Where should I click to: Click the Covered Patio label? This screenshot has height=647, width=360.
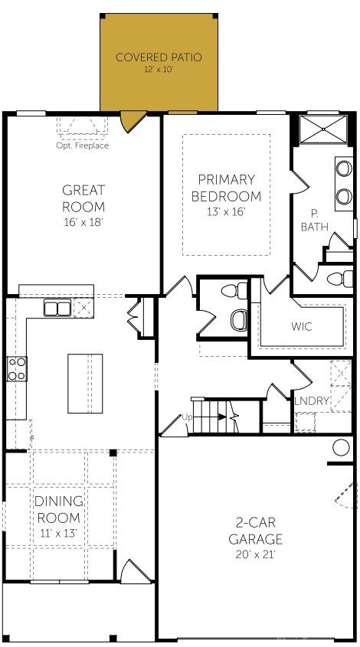coord(159,57)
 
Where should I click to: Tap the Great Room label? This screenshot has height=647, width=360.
coord(83,198)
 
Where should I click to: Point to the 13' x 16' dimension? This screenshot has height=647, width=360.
coord(226,212)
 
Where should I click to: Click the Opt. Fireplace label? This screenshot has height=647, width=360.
coord(83,145)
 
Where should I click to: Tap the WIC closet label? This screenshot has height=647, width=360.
coord(302,326)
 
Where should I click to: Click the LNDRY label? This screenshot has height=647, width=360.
coord(312,400)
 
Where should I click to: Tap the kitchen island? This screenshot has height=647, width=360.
coord(85,383)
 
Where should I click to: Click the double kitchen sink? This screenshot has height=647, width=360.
coord(57,308)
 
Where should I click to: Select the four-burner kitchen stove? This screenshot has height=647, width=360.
coord(17,368)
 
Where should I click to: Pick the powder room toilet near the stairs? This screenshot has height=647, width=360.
coord(240,318)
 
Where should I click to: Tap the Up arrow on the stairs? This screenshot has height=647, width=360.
coord(221,417)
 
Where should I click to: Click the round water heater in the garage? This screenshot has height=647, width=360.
coord(341,447)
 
